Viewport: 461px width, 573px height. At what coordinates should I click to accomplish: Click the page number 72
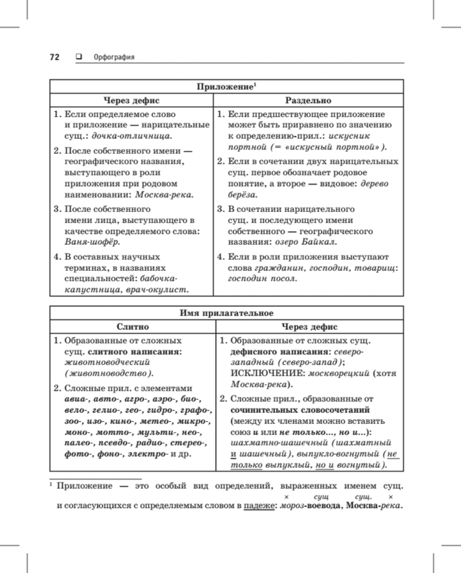[55, 57]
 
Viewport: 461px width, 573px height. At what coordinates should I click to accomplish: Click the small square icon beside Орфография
[78, 57]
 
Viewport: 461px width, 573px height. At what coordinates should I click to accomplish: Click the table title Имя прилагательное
[226, 313]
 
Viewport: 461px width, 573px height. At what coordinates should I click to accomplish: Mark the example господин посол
[263, 278]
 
